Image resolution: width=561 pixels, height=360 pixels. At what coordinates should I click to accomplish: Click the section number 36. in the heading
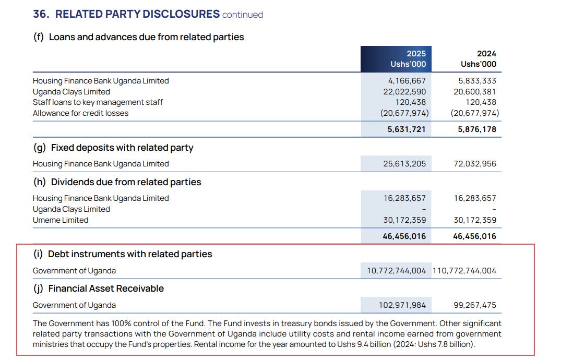coord(41,14)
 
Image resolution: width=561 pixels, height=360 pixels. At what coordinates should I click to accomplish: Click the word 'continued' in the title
coord(243,15)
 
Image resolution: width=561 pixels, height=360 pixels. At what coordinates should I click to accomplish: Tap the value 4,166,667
coord(407,81)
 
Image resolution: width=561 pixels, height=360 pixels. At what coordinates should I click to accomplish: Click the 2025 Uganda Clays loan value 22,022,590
coord(404,92)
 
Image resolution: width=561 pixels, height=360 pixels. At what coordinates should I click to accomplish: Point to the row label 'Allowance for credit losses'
coord(80,113)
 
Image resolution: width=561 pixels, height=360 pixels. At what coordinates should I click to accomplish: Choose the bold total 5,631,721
coord(407,129)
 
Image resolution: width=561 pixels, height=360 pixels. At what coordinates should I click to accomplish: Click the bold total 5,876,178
coord(477,129)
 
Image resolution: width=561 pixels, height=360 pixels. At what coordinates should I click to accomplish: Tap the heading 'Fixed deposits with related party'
coord(122,148)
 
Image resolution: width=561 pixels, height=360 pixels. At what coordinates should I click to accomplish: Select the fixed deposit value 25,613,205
coord(404,164)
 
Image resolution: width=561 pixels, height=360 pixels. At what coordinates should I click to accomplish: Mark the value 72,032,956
coord(475,164)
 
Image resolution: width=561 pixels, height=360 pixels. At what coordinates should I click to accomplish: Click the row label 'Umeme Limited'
coord(61,220)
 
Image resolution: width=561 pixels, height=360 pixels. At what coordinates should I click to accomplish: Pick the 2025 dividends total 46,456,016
coord(404,236)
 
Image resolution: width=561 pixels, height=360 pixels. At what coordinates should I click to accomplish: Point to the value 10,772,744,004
coord(396,271)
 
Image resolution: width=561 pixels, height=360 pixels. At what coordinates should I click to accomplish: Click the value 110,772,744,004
coord(464,271)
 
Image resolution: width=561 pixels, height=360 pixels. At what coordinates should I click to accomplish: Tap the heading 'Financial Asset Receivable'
coord(106,289)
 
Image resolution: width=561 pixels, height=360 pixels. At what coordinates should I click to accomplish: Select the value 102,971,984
coord(402,305)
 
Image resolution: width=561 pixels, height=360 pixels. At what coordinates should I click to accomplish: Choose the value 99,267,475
coord(475,305)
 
